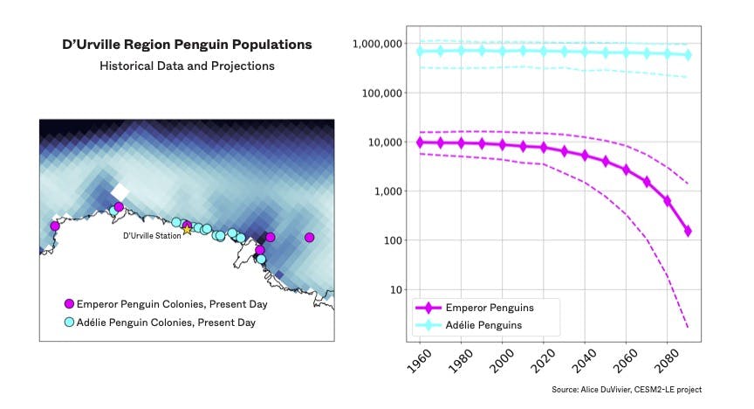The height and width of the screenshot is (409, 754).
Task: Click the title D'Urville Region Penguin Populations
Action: (x=187, y=44)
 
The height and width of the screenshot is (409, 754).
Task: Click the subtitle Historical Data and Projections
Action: (x=187, y=66)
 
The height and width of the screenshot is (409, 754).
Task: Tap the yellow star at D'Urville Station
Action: (x=187, y=229)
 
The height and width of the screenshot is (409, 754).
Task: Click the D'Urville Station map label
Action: (x=152, y=235)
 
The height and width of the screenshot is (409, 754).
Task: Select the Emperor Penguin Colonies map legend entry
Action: (x=172, y=304)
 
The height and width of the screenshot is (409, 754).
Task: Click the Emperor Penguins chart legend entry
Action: (x=489, y=308)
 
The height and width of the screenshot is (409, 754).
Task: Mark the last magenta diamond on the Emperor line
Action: (x=688, y=231)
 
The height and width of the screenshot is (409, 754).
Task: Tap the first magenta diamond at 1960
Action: (x=421, y=142)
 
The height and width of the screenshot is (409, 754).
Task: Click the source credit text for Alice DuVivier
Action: (x=626, y=390)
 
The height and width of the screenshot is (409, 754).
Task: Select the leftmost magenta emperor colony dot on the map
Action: (x=55, y=225)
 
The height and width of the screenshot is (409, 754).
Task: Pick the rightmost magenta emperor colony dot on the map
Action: (x=309, y=237)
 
